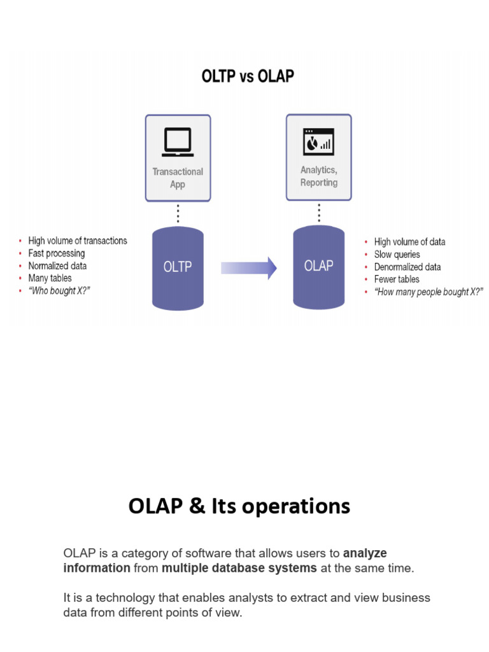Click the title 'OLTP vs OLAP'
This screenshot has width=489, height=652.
click(248, 76)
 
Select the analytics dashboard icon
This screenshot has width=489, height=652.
click(318, 141)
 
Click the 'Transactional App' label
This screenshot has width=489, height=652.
click(178, 178)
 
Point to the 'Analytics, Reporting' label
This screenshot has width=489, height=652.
click(318, 176)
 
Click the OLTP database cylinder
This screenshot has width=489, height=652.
click(178, 267)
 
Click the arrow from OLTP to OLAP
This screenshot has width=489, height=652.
click(248, 267)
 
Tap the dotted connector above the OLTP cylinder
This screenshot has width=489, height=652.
click(178, 213)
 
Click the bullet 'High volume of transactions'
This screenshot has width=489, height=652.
click(77, 241)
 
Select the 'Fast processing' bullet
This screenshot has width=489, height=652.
click(57, 253)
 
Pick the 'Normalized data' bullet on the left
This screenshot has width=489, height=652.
click(57, 266)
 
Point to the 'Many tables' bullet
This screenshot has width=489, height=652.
click(50, 278)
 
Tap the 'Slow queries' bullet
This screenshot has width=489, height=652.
click(397, 254)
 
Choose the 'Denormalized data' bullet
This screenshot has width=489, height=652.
click(407, 267)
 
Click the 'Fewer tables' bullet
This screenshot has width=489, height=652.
click(397, 279)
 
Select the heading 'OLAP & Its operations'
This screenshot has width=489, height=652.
click(239, 506)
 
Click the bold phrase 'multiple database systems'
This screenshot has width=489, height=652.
click(239, 568)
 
